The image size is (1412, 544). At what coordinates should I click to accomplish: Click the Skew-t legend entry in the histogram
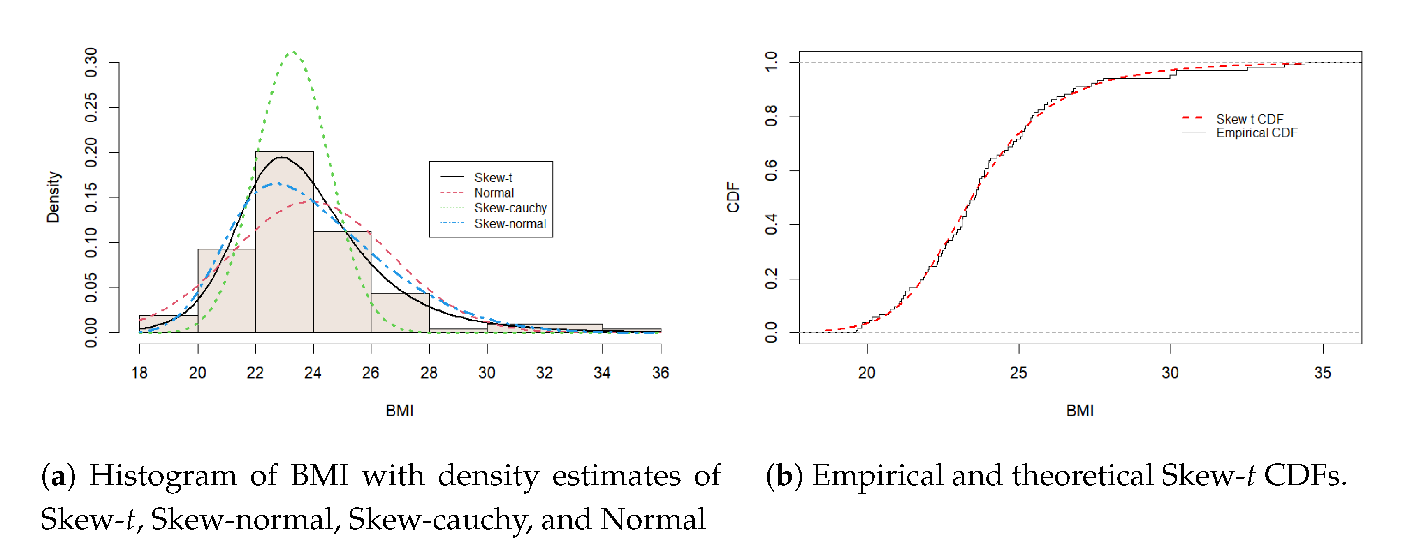point(492,178)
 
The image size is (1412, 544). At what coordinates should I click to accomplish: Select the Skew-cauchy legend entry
point(510,208)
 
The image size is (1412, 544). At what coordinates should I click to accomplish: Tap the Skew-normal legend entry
point(509,224)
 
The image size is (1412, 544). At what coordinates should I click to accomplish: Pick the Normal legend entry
point(493,193)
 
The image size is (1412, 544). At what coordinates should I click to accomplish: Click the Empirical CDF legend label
point(1257,133)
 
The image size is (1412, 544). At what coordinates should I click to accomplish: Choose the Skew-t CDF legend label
point(1249,119)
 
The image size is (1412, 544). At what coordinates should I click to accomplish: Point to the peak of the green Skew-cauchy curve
point(294,52)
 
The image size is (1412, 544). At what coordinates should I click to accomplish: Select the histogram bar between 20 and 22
point(226,291)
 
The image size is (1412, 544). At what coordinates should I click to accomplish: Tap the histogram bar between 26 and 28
point(400,313)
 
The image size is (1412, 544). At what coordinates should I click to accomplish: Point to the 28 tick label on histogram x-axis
point(429,373)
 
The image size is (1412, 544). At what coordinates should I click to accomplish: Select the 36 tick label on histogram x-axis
point(661,373)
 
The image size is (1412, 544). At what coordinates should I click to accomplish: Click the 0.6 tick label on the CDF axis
point(771,170)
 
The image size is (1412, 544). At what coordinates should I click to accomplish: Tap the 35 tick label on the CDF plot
point(1322,373)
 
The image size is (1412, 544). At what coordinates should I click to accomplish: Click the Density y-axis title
point(53,197)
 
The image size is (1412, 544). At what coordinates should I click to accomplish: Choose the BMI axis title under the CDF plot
point(1079,411)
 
